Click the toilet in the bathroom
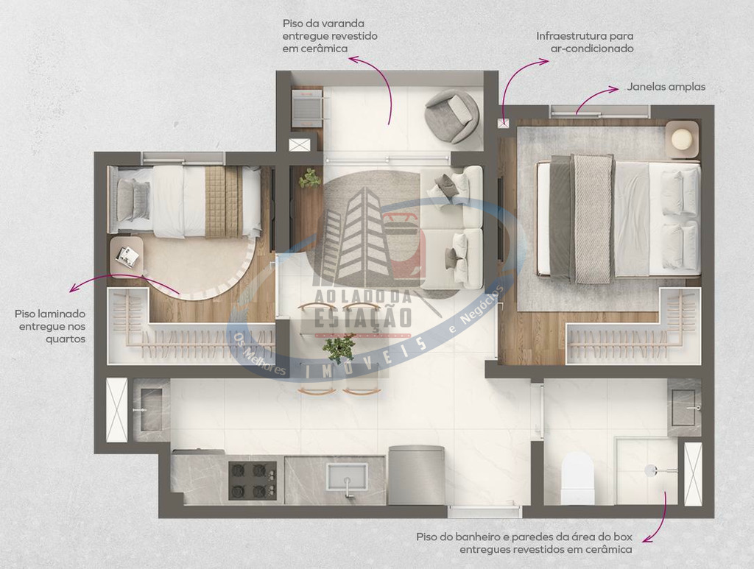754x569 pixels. (577, 478)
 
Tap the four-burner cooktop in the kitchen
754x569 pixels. (253, 480)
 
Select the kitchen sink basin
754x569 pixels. (346, 478)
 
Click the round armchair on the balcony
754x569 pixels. (451, 116)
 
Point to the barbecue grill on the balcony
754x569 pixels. (306, 107)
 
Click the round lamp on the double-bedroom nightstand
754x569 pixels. (681, 139)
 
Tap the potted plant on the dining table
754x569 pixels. (339, 347)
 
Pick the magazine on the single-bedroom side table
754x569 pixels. (127, 255)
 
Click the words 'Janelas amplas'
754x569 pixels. (666, 87)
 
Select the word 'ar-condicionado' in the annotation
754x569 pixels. (592, 49)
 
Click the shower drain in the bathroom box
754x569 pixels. (651, 470)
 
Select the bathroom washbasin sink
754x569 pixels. (684, 408)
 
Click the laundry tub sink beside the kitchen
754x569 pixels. (150, 409)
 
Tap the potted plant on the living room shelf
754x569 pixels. (310, 178)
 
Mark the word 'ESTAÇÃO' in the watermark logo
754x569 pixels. (363, 317)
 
